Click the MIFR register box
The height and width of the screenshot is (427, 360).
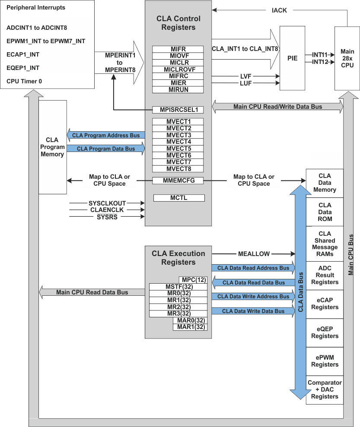(x=178, y=49)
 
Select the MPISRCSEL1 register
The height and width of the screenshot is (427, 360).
(x=178, y=110)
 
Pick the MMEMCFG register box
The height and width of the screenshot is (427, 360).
(x=178, y=180)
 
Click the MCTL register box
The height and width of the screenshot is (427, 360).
(x=178, y=198)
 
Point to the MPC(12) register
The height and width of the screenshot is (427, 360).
(x=193, y=280)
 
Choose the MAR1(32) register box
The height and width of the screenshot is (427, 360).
(x=190, y=327)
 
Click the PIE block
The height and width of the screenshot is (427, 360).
(x=292, y=58)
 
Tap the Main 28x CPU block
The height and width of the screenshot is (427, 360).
(x=347, y=58)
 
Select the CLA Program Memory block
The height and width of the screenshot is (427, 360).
(x=52, y=147)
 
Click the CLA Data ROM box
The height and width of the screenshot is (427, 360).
(x=325, y=212)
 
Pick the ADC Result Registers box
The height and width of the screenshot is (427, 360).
(x=325, y=275)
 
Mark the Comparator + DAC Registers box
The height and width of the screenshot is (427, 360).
(x=325, y=389)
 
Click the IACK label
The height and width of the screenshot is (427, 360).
(x=279, y=10)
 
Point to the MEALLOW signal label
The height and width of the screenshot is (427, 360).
(x=254, y=253)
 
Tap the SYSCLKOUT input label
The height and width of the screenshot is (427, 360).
(x=106, y=202)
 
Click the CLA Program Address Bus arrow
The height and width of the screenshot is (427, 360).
(x=105, y=135)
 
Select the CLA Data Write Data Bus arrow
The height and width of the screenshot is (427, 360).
(x=253, y=311)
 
